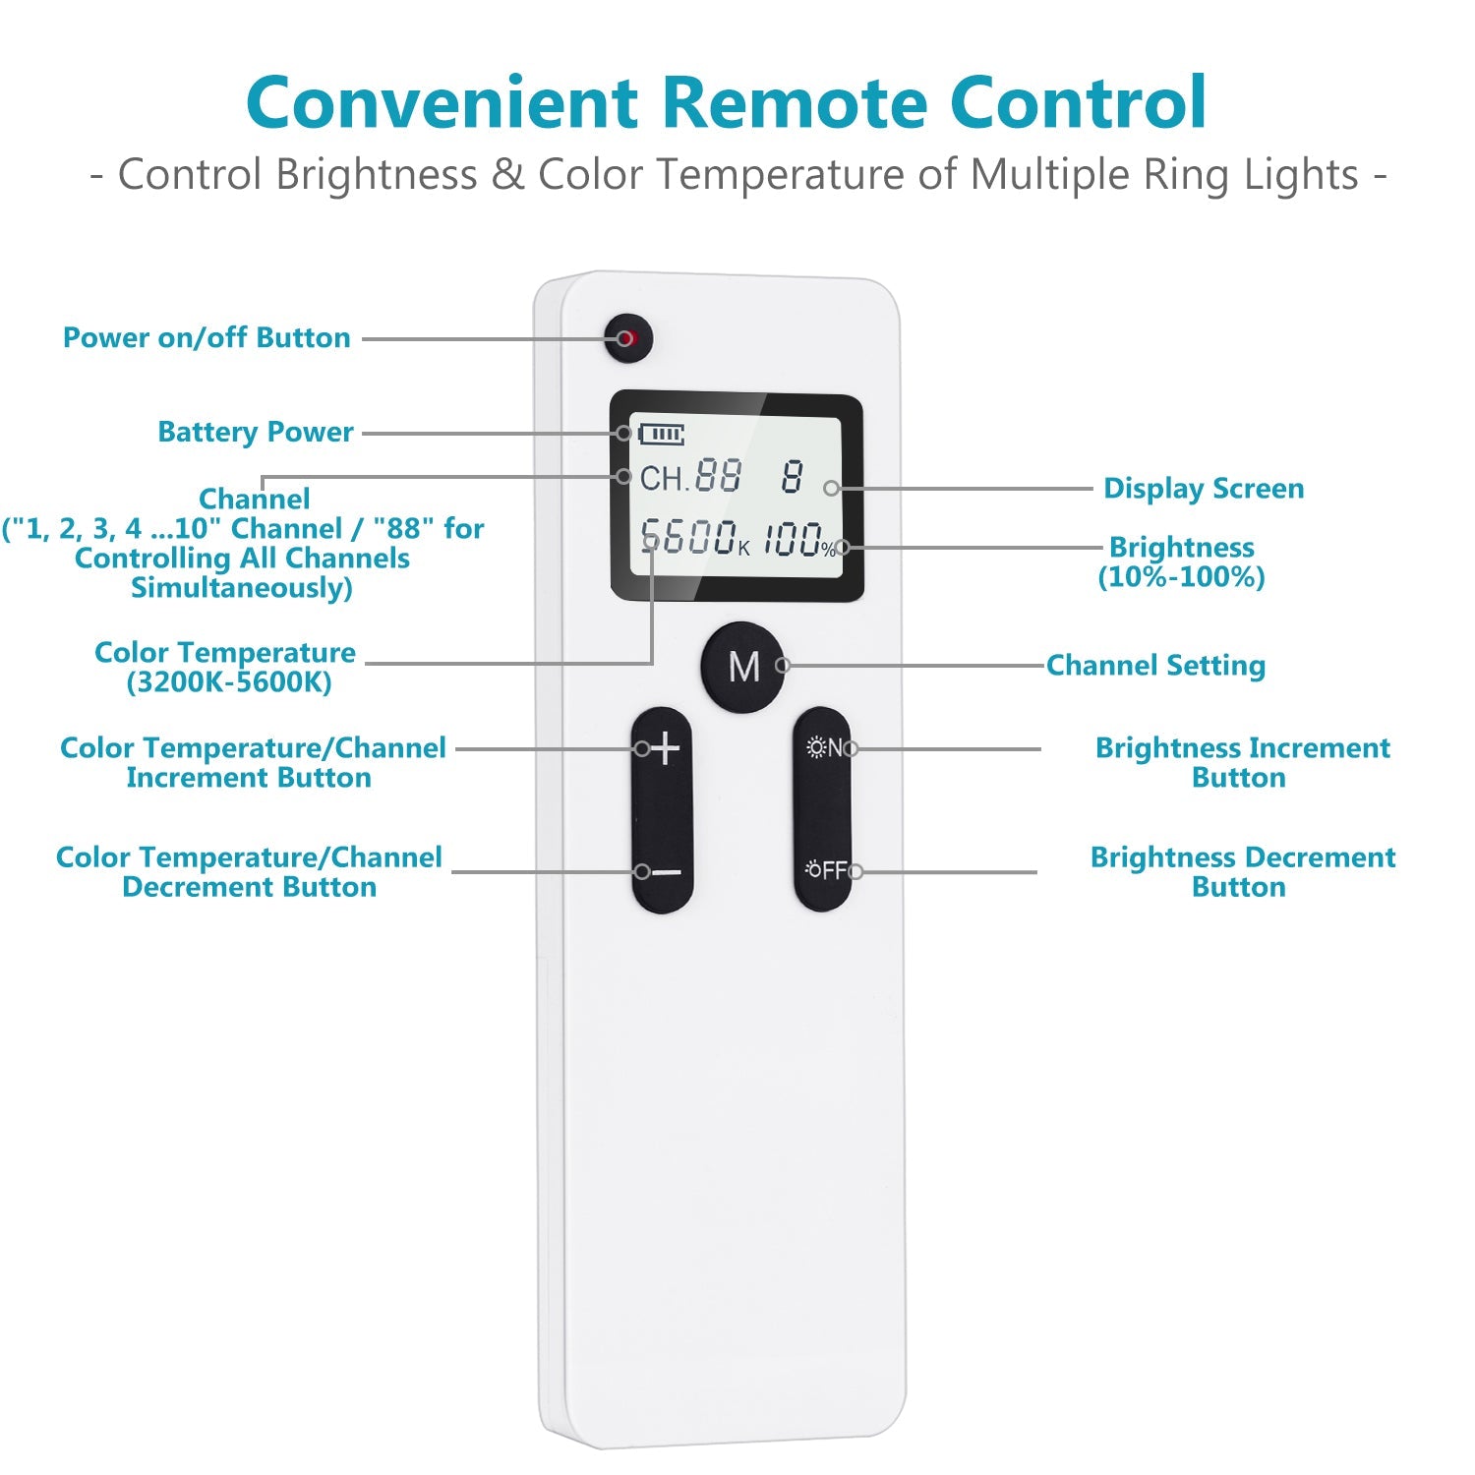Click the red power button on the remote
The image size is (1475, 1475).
[628, 339]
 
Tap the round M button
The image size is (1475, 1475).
[743, 666]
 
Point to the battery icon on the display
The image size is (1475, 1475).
[662, 434]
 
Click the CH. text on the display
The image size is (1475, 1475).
[663, 479]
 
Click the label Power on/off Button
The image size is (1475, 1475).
[206, 338]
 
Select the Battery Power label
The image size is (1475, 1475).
[255, 433]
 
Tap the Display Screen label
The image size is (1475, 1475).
[1204, 489]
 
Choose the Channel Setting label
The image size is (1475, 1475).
[1155, 666]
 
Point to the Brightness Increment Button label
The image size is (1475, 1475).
[1242, 763]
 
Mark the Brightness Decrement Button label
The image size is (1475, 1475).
[1242, 872]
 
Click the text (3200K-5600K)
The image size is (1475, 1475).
[229, 682]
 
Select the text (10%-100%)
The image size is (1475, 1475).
[1181, 577]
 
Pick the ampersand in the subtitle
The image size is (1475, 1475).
[507, 175]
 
